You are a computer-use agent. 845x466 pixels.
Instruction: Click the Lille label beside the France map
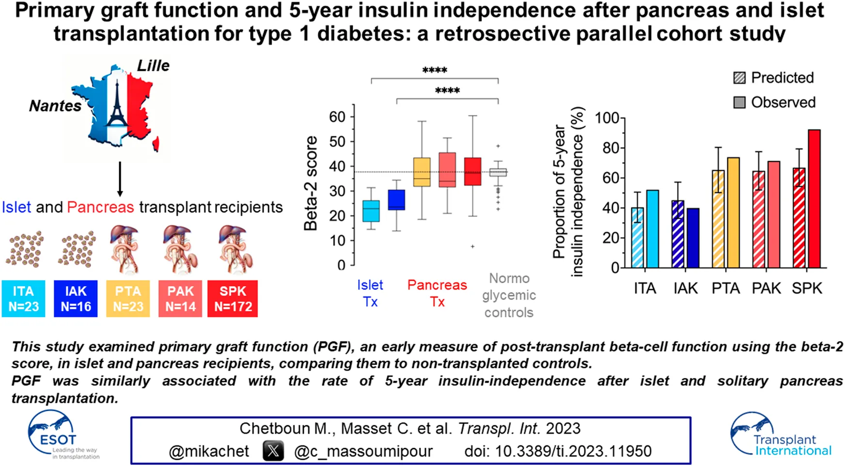[x=153, y=65]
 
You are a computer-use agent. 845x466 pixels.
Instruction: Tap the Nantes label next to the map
[x=55, y=106]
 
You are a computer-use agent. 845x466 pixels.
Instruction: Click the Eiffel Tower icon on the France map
[x=116, y=104]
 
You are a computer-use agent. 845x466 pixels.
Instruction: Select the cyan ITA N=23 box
[x=23, y=299]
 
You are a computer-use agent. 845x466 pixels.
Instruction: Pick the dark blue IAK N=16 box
[x=76, y=299]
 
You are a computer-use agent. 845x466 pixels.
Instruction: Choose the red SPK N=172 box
[x=233, y=299]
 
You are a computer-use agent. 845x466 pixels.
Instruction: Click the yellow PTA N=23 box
[x=128, y=299]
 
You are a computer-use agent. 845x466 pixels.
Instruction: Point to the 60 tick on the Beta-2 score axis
[x=337, y=117]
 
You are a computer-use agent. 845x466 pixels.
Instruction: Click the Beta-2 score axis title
[x=311, y=183]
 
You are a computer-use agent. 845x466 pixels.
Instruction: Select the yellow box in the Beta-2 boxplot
[x=422, y=172]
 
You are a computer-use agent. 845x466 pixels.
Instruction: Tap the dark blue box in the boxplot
[x=397, y=200]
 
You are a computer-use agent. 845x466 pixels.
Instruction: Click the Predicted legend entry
[x=773, y=78]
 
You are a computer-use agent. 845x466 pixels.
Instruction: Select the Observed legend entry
[x=774, y=102]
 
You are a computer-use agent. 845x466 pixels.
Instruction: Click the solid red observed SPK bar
[x=814, y=199]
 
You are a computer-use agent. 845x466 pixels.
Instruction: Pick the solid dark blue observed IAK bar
[x=693, y=238]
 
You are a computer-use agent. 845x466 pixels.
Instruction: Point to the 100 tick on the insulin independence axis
[x=607, y=118]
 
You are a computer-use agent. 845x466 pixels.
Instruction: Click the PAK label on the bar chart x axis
[x=766, y=289]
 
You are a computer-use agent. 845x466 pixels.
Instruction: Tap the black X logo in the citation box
[x=273, y=451]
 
